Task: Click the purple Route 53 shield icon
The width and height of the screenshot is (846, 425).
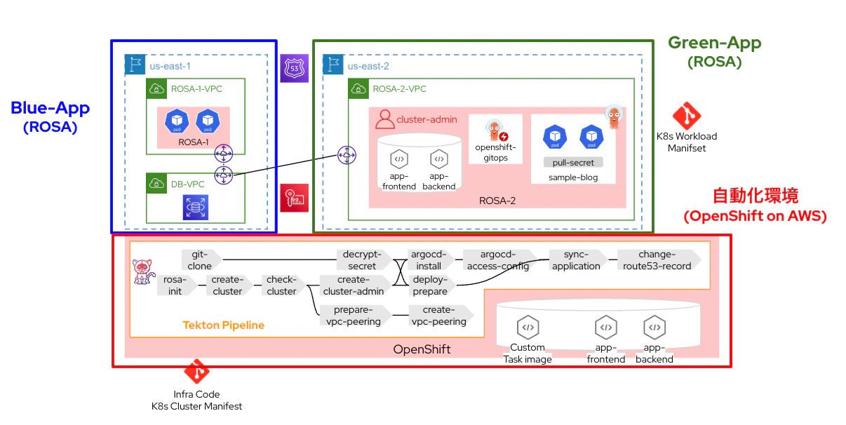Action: coord(294,68)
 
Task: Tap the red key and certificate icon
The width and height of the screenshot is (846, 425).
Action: coord(294,198)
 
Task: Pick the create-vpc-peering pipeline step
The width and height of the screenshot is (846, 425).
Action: coord(441,315)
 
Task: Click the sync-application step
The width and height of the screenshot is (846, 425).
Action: coord(578,259)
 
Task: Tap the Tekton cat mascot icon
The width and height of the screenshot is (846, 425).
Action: coord(143,271)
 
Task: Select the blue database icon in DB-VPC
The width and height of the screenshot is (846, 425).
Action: coord(196,207)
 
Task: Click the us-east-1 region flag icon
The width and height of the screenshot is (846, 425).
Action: coord(135,65)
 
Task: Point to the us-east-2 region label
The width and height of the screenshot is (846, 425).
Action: coord(368,66)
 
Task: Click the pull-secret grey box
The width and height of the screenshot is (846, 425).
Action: coord(573,162)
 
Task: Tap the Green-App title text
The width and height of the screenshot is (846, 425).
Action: coord(715,43)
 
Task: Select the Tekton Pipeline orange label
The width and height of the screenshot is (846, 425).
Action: coord(224,325)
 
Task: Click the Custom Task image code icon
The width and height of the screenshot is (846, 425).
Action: coord(528,328)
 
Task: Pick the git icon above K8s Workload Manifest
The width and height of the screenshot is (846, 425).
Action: coord(687,116)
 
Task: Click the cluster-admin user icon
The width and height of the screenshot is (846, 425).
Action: coord(384,119)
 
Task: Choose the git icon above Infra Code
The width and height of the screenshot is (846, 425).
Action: coord(196,371)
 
